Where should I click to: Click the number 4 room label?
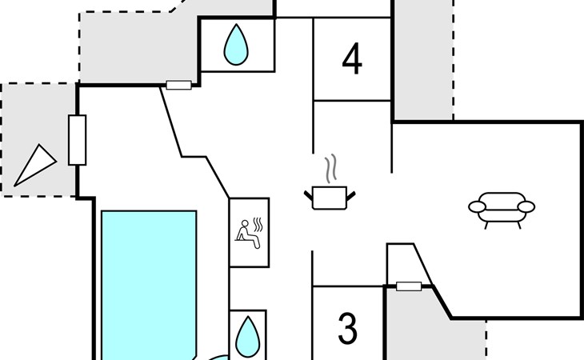coord(352,59)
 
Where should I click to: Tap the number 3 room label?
coord(347,328)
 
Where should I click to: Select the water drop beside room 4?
coord(236,45)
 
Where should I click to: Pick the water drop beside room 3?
coord(248,337)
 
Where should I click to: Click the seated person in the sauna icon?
coord(247,234)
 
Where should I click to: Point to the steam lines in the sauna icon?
coord(258,225)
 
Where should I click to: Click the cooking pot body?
coord(330,198)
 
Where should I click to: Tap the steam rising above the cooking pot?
coord(331,168)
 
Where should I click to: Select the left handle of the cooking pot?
coord(308,195)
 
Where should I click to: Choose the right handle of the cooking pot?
coord(351,195)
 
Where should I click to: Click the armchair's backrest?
coord(502,199)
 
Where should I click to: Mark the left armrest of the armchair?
coord(477,206)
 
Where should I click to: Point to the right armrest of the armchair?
coord(526,206)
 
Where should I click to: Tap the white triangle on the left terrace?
coord(35,166)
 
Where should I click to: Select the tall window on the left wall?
coord(78,140)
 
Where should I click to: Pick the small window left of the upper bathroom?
coord(178,86)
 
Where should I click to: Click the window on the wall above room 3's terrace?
coord(409,286)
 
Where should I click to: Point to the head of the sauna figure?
coord(245,223)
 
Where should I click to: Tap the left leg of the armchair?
coord(486,225)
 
